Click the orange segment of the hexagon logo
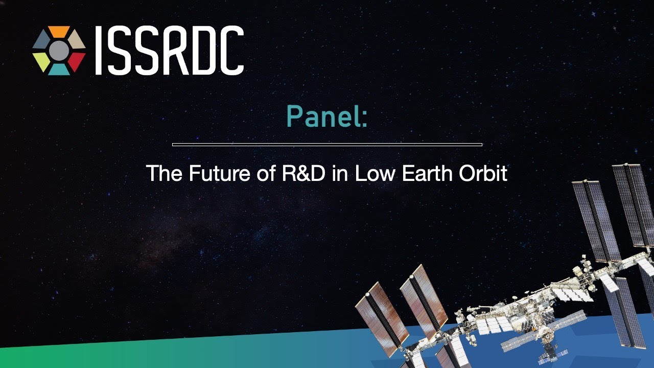point(59,31)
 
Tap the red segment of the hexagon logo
point(77,61)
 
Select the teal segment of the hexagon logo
point(59,70)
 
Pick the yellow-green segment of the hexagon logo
point(41,61)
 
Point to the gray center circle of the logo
point(59,51)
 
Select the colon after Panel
point(364,120)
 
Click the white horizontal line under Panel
point(327,144)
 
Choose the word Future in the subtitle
point(220,173)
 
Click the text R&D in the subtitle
point(303,173)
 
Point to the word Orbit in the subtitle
point(483,173)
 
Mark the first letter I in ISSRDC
point(99,50)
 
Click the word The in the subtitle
point(164,173)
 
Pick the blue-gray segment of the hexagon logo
point(41,39)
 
